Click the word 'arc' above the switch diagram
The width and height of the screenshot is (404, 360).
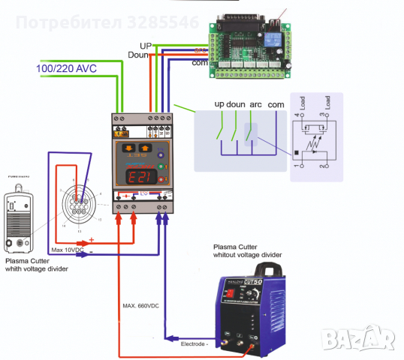255,104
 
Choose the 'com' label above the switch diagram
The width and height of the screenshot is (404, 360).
276,104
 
